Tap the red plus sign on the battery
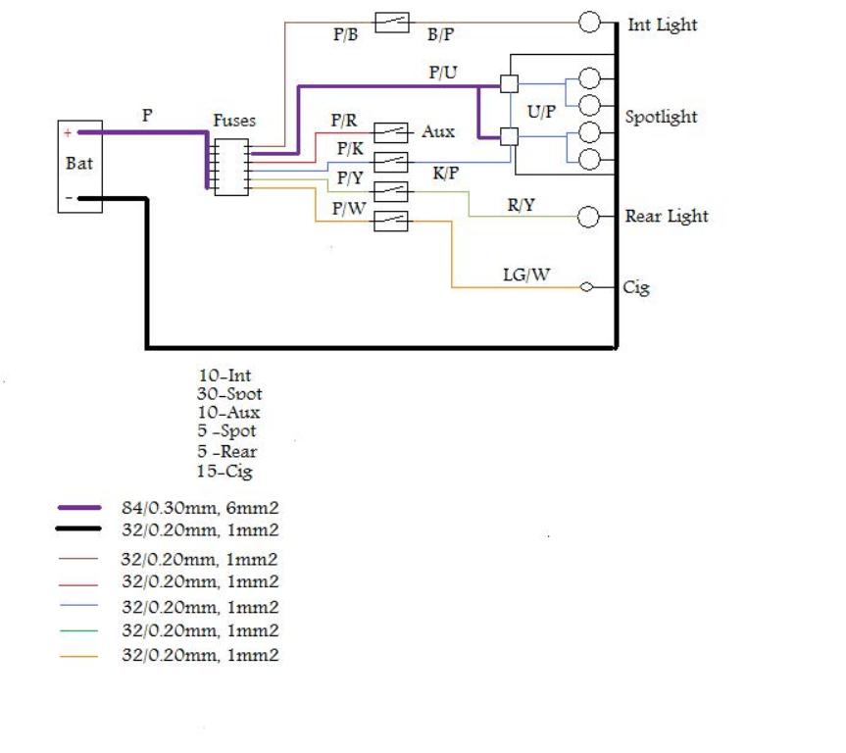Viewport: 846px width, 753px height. click(x=68, y=132)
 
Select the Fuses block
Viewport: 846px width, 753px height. click(x=231, y=167)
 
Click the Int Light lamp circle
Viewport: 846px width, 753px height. click(x=589, y=23)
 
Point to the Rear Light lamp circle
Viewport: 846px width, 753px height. click(x=588, y=217)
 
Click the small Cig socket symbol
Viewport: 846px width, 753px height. click(x=586, y=287)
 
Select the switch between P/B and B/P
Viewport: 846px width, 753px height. click(x=392, y=23)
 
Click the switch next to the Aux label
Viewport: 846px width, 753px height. click(x=390, y=132)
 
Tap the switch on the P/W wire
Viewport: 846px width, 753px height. click(x=390, y=221)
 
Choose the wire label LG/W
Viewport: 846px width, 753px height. click(x=526, y=275)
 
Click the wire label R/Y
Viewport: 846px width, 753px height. click(x=521, y=205)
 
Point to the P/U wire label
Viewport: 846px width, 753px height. click(x=443, y=73)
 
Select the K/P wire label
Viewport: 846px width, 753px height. click(x=446, y=174)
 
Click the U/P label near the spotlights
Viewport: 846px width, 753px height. click(x=541, y=112)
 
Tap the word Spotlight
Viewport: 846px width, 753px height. click(x=661, y=117)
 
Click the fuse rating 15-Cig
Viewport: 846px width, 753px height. click(x=224, y=472)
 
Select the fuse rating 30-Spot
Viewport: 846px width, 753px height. click(x=229, y=394)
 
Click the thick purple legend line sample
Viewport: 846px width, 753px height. click(x=79, y=508)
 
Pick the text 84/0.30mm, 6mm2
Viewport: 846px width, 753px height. click(x=200, y=508)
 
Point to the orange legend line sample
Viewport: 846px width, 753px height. click(x=78, y=656)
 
